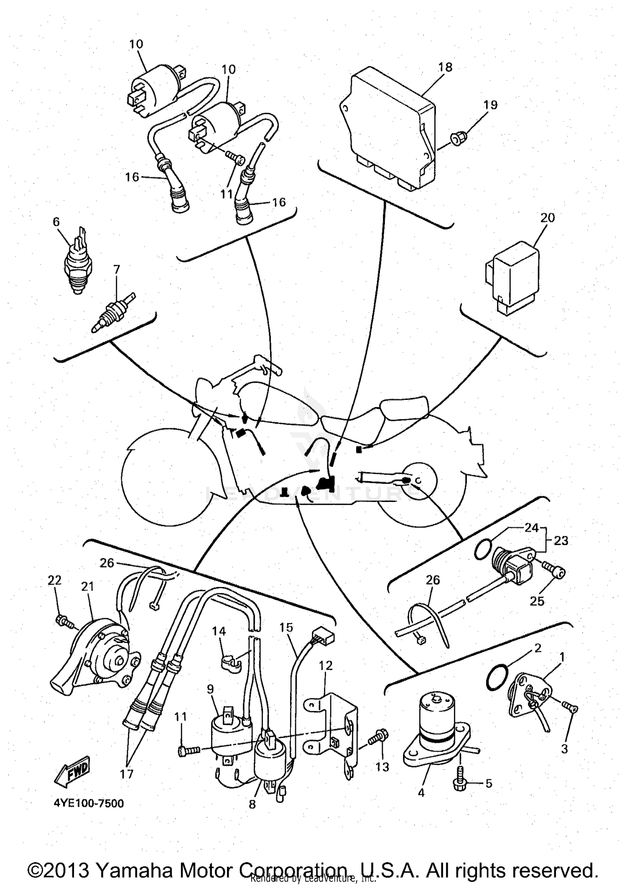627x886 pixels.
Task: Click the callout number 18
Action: pyautogui.click(x=446, y=67)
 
